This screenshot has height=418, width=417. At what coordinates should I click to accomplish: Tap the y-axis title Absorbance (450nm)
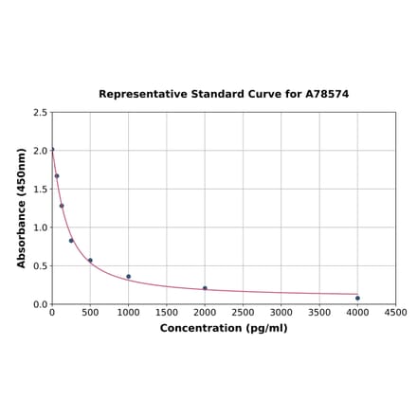pyautogui.click(x=22, y=208)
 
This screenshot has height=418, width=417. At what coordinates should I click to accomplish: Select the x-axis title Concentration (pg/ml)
pyautogui.click(x=224, y=328)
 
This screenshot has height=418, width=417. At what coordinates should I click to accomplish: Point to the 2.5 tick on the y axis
pyautogui.click(x=41, y=113)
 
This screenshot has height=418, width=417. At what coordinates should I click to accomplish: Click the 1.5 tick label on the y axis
pyautogui.click(x=41, y=190)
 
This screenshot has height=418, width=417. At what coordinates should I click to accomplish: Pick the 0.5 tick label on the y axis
pyautogui.click(x=41, y=266)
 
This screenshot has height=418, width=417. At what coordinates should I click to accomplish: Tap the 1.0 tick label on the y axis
pyautogui.click(x=41, y=227)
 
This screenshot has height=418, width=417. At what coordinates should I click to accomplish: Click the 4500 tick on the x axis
pyautogui.click(x=396, y=313)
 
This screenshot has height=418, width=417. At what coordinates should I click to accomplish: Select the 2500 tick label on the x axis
pyautogui.click(x=244, y=313)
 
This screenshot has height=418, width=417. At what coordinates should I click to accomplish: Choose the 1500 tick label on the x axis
pyautogui.click(x=167, y=313)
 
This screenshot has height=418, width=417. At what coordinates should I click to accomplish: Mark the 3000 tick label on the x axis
pyautogui.click(x=281, y=313)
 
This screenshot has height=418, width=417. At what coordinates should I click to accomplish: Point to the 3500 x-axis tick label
pyautogui.click(x=319, y=313)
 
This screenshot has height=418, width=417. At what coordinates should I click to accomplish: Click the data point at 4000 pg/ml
pyautogui.click(x=357, y=299)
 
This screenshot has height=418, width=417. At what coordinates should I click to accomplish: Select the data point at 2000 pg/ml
pyautogui.click(x=205, y=288)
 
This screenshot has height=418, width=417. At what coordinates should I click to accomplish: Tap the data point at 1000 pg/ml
pyautogui.click(x=129, y=277)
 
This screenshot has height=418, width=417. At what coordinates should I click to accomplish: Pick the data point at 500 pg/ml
pyautogui.click(x=90, y=261)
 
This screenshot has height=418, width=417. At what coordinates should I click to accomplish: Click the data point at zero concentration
pyautogui.click(x=52, y=149)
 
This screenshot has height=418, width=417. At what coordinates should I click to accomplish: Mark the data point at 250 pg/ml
pyautogui.click(x=71, y=241)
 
